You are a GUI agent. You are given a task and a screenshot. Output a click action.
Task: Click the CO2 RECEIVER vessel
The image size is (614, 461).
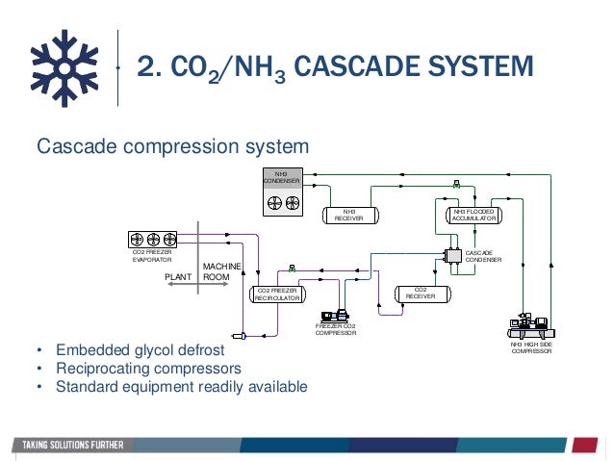click(x=420, y=293)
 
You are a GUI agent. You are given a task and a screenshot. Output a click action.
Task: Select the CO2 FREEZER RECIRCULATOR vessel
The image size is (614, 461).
click(x=276, y=295)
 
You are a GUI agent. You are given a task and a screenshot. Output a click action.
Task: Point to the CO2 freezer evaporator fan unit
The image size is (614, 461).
click(x=153, y=240)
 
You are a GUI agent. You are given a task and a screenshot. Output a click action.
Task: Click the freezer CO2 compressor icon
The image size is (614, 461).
click(x=336, y=315)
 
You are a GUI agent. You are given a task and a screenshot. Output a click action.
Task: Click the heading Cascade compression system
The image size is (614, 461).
click(x=172, y=147)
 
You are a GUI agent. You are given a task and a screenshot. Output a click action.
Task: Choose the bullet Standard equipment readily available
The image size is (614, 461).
click(x=181, y=387)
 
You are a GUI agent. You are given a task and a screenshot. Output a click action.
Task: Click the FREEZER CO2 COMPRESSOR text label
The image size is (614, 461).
click(x=336, y=331)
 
